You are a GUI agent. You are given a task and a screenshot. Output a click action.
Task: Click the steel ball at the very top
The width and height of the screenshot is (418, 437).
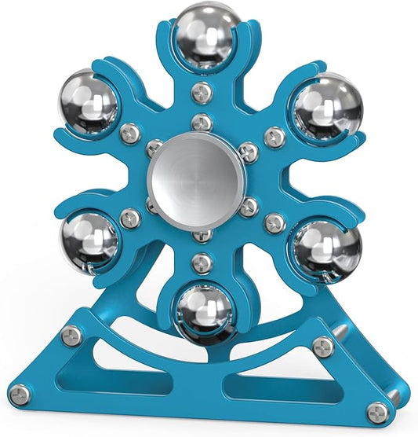coord(207,35)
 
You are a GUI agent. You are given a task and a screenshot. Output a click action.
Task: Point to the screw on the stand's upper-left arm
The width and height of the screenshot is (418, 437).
coord(72,336)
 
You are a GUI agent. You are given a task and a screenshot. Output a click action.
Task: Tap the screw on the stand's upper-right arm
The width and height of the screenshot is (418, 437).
coord(322,347)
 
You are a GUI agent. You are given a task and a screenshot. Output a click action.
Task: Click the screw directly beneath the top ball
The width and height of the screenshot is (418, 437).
coord(203,91)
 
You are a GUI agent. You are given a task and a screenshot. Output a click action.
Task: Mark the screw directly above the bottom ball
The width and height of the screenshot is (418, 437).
coord(202,263)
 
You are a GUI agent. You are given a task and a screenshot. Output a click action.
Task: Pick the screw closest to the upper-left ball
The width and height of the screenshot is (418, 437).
coord(130,132)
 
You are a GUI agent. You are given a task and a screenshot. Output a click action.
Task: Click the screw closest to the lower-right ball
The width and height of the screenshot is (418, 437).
coord(275,223)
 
